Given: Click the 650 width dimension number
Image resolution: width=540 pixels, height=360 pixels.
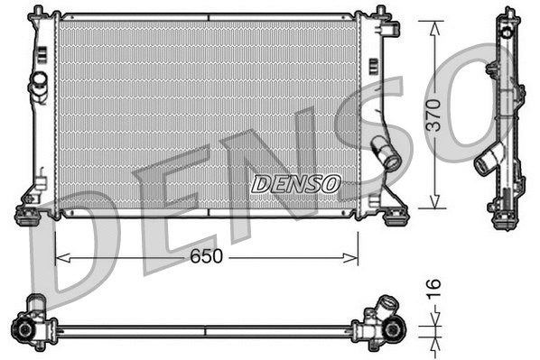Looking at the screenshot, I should pos(206,257).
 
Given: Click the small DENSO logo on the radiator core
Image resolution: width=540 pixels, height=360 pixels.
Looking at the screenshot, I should pos(295,184).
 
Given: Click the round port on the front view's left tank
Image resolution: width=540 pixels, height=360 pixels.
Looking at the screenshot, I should pos(39,82).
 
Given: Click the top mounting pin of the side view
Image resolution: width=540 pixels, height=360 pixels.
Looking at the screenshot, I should pos(505,14).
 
